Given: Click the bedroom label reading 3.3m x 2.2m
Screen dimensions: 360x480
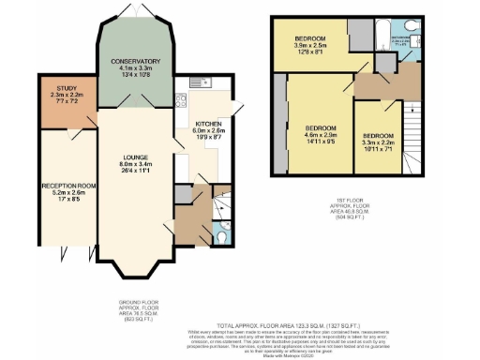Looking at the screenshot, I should (x=378, y=142).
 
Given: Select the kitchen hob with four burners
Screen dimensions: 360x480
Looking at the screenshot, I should (x=181, y=101).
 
